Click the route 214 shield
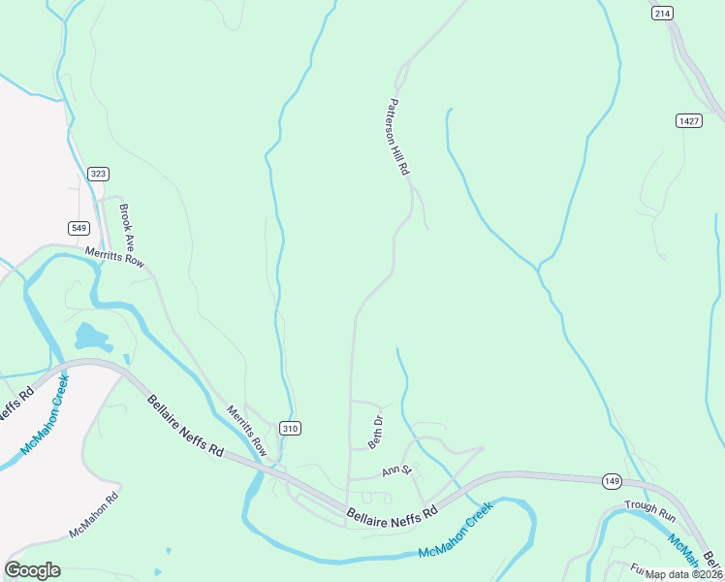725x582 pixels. (662, 13)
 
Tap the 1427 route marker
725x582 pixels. (689, 120)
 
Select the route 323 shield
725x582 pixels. (98, 174)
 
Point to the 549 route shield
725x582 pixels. (79, 228)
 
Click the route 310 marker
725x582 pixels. (290, 428)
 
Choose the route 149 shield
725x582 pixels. (611, 480)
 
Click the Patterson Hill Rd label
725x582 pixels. (399, 137)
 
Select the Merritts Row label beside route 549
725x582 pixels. (114, 257)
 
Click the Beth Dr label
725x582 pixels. (376, 432)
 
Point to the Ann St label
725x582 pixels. (397, 471)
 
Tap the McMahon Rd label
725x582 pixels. (93, 515)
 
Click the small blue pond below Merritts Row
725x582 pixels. (90, 337)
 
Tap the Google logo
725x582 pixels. (33, 570)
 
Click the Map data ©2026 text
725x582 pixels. (683, 574)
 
